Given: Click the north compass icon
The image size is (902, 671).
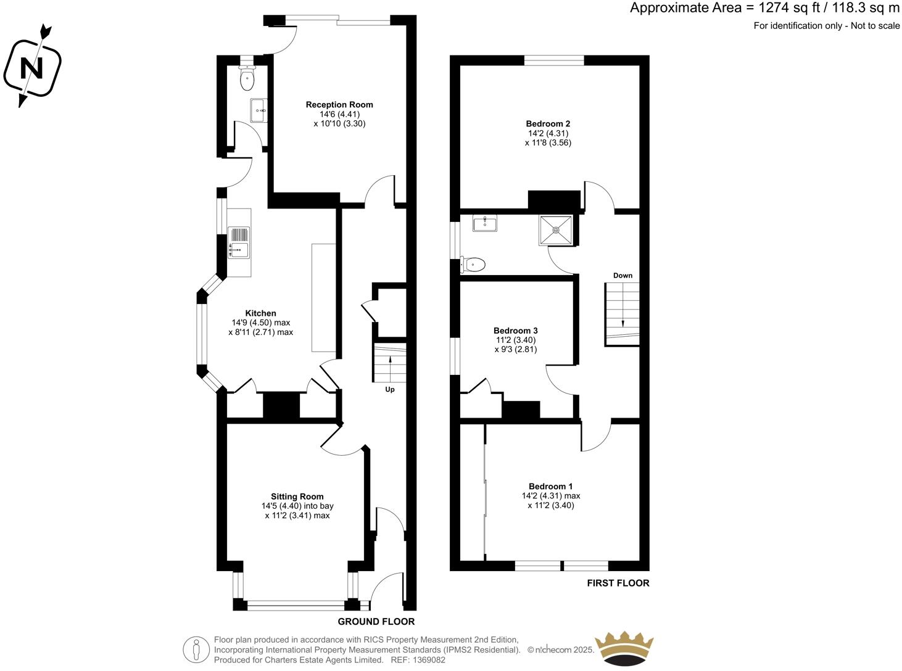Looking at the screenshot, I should tap(32, 67).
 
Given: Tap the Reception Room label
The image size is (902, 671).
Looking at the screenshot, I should tap(339, 105).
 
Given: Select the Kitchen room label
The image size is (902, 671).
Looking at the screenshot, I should tap(260, 313).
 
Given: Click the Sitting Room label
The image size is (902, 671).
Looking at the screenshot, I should tap(297, 496).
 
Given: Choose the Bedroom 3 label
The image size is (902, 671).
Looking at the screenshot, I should tap(515, 331).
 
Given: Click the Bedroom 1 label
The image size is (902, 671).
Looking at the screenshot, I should tap(550, 486).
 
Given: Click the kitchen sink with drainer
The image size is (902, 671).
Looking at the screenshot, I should tap(239, 242).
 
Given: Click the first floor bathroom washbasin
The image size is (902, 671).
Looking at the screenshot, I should tap(485, 223).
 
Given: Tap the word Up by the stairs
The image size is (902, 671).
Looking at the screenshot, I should tap(390, 390).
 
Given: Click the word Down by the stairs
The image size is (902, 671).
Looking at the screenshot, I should tap(623, 276).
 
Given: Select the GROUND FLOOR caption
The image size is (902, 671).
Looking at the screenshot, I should tap(376, 622).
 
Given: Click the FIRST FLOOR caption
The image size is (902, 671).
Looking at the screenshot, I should tap(618, 583).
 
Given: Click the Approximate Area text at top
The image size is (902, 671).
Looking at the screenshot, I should tap(764, 8).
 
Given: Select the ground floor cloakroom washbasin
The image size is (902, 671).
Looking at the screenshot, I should tap(259, 111).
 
